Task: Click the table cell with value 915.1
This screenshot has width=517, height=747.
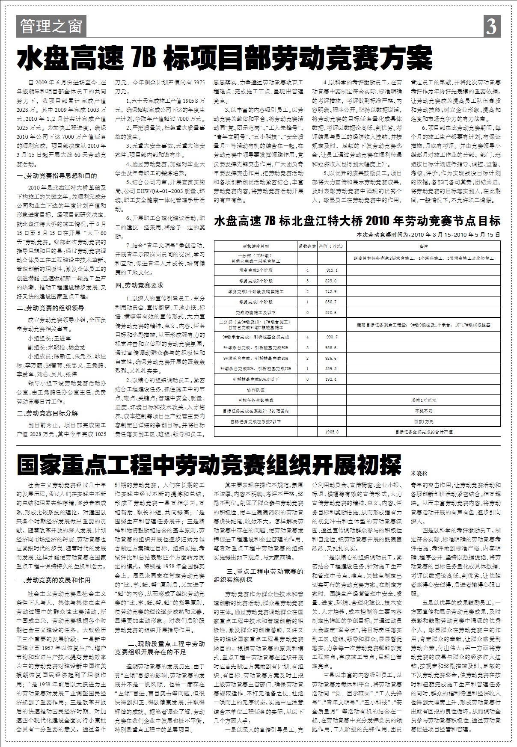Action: tap(332, 270)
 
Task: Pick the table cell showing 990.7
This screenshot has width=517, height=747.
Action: tap(332, 337)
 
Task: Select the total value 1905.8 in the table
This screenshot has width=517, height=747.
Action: tap(332, 432)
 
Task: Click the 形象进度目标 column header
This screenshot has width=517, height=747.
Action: tap(256, 246)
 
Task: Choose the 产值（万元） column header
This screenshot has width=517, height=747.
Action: tap(332, 246)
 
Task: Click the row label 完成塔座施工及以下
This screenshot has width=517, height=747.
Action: tap(256, 312)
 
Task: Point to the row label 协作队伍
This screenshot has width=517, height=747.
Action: tap(256, 390)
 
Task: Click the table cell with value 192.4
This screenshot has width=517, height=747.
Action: tap(332, 379)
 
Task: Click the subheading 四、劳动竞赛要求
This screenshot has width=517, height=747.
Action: tap(139, 285)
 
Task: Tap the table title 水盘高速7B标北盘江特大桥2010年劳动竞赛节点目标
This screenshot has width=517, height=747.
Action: tap(357, 222)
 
